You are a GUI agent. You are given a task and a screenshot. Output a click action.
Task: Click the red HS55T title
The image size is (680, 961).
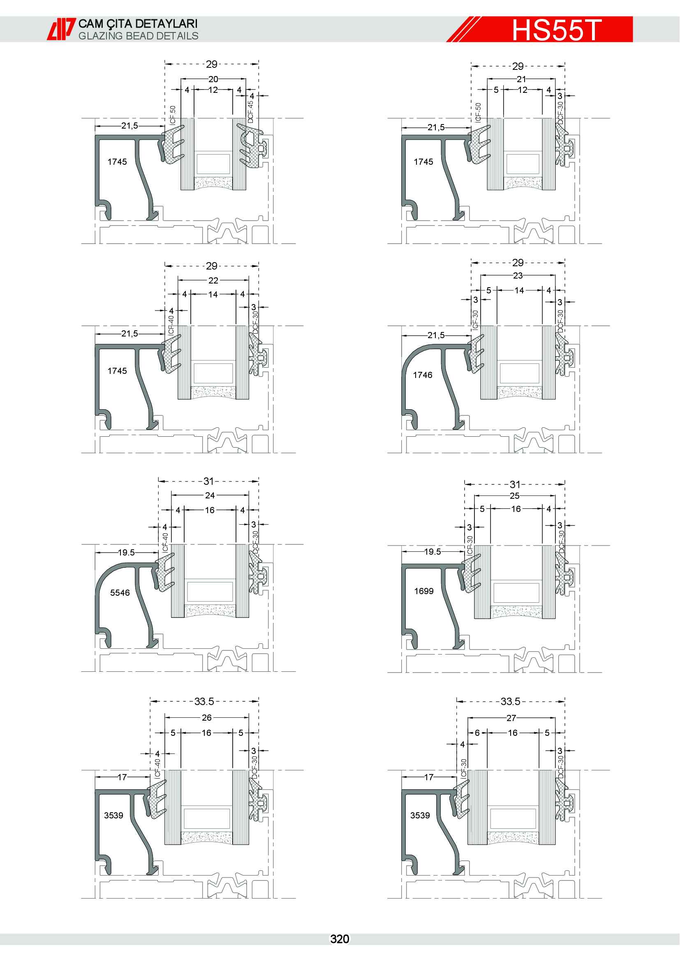(x=557, y=30)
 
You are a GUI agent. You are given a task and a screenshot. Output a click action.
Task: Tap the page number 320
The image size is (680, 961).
(x=340, y=939)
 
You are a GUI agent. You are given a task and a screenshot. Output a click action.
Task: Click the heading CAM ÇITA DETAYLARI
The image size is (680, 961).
(x=138, y=23)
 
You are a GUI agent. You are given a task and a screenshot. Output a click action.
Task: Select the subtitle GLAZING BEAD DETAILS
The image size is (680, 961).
(x=138, y=36)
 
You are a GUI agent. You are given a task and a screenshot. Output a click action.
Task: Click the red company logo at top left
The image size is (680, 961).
(x=61, y=29)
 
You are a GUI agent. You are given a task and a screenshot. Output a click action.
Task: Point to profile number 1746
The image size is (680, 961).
(x=423, y=375)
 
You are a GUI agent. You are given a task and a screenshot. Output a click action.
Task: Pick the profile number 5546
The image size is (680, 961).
(x=120, y=593)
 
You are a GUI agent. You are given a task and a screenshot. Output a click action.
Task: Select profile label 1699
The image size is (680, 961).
(x=424, y=591)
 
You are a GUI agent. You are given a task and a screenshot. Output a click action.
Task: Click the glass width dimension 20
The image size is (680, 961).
(x=213, y=79)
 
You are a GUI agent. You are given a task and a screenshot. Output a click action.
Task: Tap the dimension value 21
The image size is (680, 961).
(x=521, y=79)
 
